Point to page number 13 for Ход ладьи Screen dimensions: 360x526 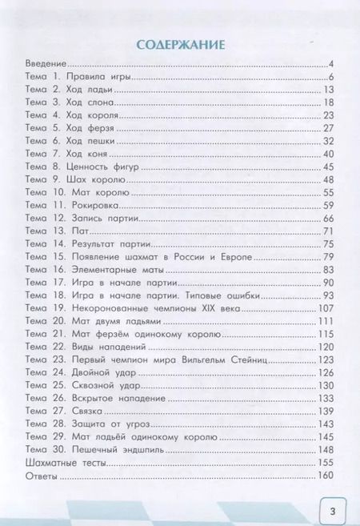point(328,90)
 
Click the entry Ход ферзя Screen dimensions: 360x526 point(88,128)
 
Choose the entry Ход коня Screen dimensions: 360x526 point(86,154)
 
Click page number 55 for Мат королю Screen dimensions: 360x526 point(327,192)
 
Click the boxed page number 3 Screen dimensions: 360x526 point(330,508)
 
